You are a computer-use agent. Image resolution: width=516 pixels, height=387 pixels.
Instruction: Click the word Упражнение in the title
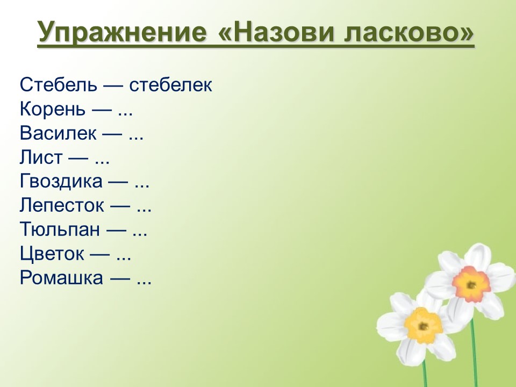[x=122, y=32]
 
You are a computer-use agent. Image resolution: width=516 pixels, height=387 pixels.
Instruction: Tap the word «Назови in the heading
[x=277, y=32]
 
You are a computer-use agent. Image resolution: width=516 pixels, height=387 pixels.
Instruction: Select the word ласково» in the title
[x=409, y=32]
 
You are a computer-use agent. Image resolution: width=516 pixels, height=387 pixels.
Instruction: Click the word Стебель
[x=59, y=84]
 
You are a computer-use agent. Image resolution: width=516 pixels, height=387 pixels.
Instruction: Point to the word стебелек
[x=170, y=84]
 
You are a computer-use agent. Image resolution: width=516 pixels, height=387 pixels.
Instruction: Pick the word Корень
[x=52, y=109]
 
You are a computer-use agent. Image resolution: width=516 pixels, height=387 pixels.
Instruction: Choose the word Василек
[x=58, y=133]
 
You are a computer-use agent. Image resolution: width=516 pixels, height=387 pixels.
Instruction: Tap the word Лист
[x=41, y=157]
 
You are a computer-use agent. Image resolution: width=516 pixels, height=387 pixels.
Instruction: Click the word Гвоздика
[x=61, y=182]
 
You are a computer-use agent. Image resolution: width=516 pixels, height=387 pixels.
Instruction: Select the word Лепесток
[x=62, y=206]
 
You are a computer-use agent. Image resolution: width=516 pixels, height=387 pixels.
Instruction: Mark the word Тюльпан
[x=60, y=230]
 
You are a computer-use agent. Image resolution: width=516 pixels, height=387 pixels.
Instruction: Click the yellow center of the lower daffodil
[x=423, y=325]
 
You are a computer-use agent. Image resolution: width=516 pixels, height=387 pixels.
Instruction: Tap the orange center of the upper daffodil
[x=471, y=284]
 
